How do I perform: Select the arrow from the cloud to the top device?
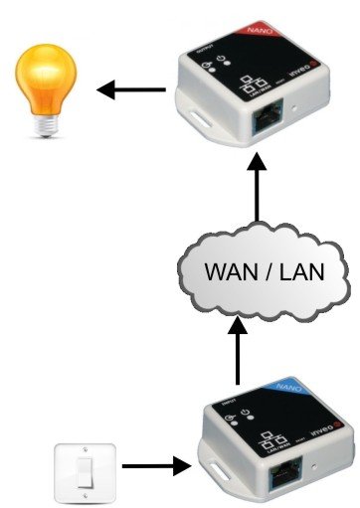(x=261, y=194)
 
